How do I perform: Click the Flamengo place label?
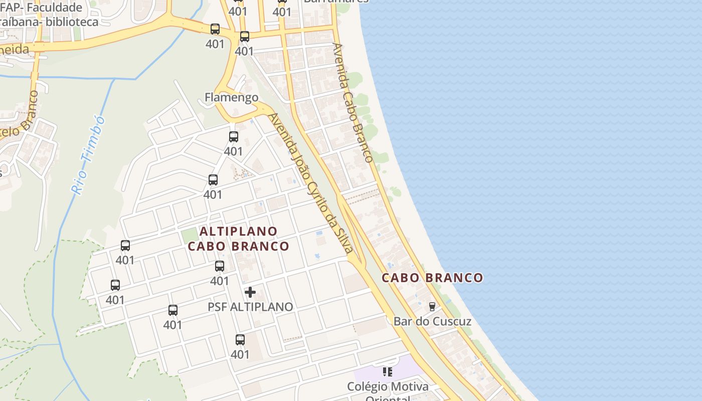point(232,97)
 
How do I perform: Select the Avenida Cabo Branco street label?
point(353,102)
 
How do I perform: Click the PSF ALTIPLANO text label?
point(250,307)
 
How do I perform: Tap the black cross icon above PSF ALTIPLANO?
point(250,292)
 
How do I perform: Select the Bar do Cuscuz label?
point(432,321)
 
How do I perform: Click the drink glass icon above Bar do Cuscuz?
point(432,306)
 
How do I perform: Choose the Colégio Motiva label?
point(388,387)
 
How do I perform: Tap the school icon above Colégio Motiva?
point(388,372)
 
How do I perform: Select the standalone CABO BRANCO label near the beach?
point(433,278)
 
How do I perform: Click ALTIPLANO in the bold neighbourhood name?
point(239,231)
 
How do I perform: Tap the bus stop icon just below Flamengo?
point(234,137)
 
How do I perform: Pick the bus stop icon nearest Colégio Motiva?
point(240,340)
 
